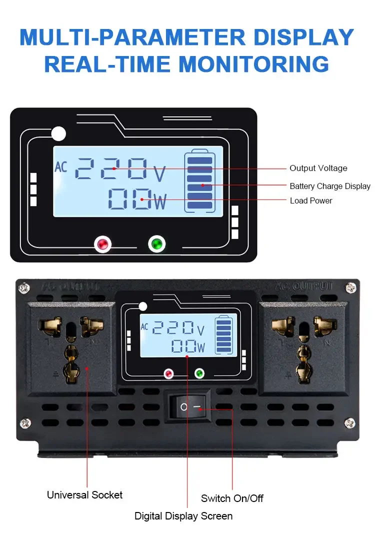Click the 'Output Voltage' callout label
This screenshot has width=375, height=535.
pyautogui.click(x=318, y=168)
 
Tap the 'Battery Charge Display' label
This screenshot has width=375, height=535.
pyautogui.click(x=330, y=186)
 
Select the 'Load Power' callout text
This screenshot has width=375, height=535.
pyautogui.click(x=311, y=201)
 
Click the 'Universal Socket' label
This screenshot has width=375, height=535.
pyautogui.click(x=84, y=495)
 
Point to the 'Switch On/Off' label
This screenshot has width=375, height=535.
pyautogui.click(x=232, y=498)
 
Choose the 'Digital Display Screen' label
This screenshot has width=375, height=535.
pyautogui.click(x=183, y=516)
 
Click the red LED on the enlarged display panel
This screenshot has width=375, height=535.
pyautogui.click(x=103, y=244)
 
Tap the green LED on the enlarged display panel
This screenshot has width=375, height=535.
pyautogui.click(x=157, y=244)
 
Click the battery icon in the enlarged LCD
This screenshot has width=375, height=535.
pyautogui.click(x=199, y=181)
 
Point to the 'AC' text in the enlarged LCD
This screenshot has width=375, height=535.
pyautogui.click(x=60, y=166)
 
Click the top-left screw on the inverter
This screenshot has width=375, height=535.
pyautogui.click(x=23, y=288)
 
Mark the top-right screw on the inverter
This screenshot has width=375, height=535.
pyautogui.click(x=351, y=287)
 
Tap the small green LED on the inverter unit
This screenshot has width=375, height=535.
pyautogui.click(x=199, y=373)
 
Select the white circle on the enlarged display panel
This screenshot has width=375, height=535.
pyautogui.click(x=58, y=133)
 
